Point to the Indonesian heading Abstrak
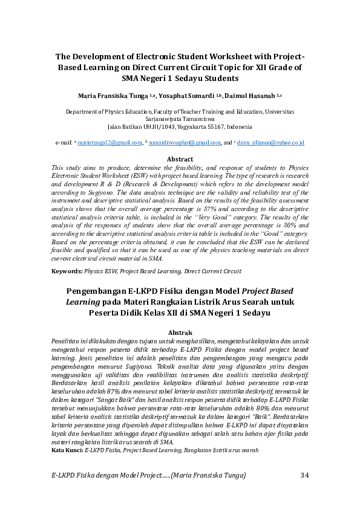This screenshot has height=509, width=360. pos(180,333)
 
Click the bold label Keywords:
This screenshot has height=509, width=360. pos(67,271)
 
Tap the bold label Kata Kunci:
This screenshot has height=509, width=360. pos(67,450)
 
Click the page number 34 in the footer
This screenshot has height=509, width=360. pos(304,476)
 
